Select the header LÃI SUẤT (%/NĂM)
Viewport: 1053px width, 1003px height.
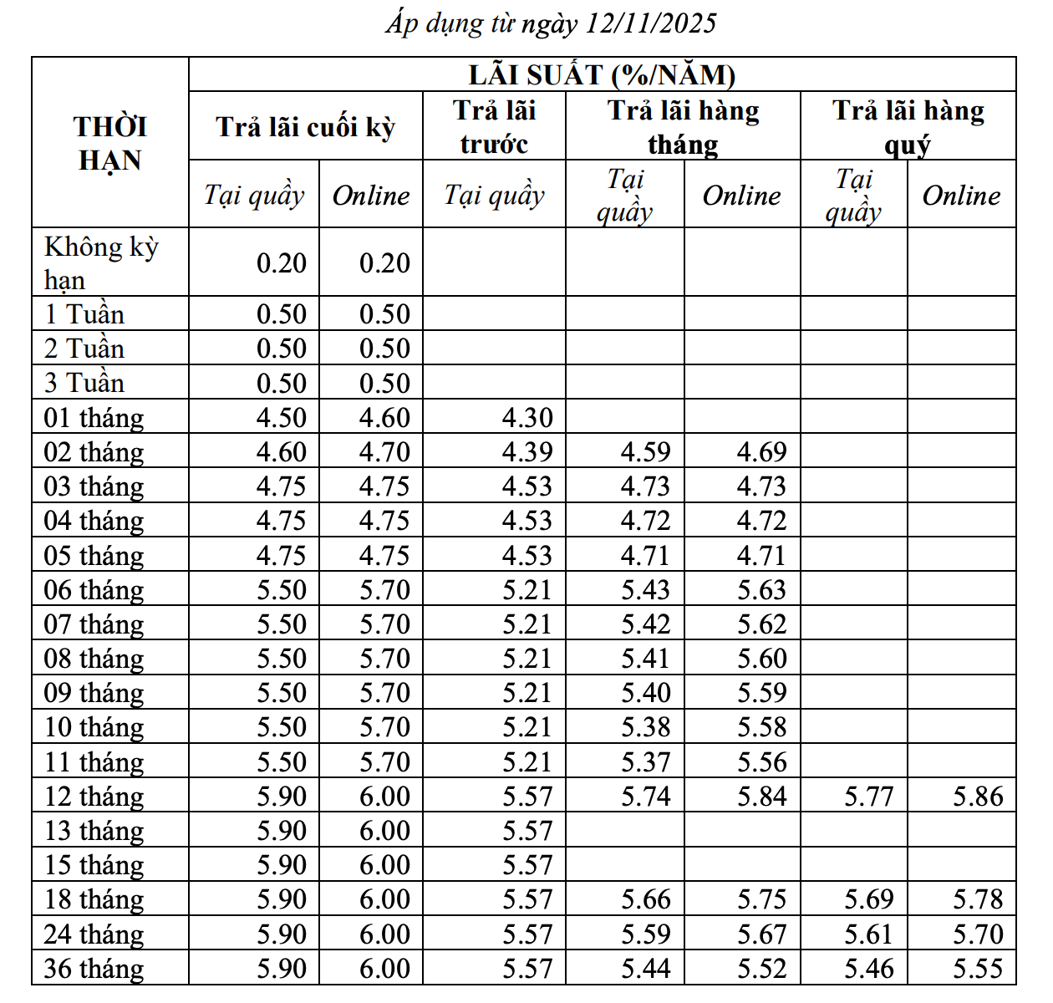click(x=602, y=75)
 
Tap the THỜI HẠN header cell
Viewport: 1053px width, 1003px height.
click(x=109, y=143)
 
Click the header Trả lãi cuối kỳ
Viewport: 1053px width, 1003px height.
click(x=305, y=127)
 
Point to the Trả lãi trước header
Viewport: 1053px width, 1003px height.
click(x=494, y=127)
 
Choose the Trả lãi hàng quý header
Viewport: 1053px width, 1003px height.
click(x=908, y=127)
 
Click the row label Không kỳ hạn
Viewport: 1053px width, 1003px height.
click(x=100, y=262)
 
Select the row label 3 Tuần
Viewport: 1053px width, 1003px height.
click(x=84, y=383)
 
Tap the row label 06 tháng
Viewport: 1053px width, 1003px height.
click(x=94, y=590)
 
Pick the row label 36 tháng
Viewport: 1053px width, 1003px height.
click(x=94, y=969)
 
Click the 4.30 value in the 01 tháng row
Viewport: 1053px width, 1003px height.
click(x=527, y=418)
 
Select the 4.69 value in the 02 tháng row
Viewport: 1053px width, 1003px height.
click(x=761, y=452)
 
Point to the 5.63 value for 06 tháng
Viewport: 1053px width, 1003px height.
click(x=761, y=590)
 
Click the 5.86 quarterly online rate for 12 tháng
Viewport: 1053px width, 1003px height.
click(x=978, y=797)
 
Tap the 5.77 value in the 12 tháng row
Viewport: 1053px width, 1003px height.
click(x=868, y=797)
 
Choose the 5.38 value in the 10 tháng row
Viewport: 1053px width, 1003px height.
click(x=645, y=727)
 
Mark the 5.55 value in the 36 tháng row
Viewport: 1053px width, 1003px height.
click(x=978, y=969)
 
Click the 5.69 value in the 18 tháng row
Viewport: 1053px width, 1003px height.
click(x=868, y=899)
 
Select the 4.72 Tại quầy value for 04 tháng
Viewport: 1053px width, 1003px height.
click(x=645, y=521)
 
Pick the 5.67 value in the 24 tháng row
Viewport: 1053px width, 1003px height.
click(x=761, y=934)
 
